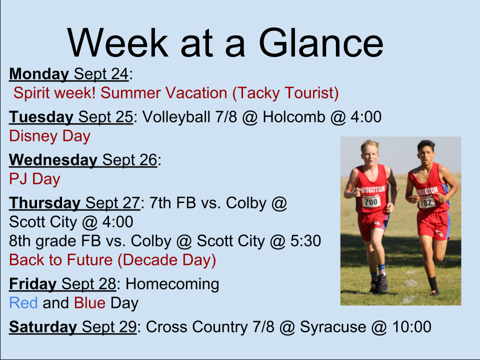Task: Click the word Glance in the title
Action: click(321, 42)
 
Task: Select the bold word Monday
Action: click(39, 74)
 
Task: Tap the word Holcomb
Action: click(294, 117)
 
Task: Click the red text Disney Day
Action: click(50, 136)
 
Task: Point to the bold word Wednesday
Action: click(53, 160)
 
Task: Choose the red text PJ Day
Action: click(34, 179)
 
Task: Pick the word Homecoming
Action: click(172, 284)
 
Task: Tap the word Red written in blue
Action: click(23, 303)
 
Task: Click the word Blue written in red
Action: click(89, 303)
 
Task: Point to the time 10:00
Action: click(411, 327)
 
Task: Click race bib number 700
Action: click(371, 201)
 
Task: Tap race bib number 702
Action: click(426, 202)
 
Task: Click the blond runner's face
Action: click(370, 154)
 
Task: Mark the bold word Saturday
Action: click(43, 327)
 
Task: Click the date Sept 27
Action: click(112, 203)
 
